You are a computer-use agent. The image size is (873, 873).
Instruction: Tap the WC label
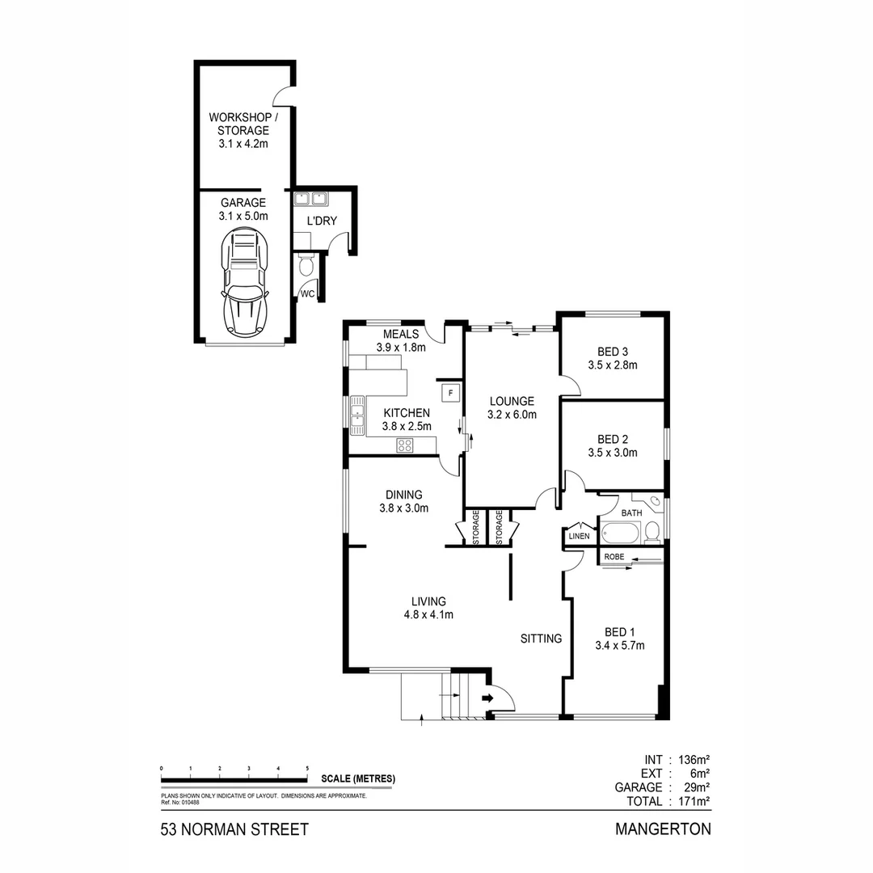(x=308, y=294)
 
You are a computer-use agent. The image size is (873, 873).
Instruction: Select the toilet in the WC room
(x=306, y=264)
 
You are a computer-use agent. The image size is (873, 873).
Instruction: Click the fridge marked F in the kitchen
(x=450, y=393)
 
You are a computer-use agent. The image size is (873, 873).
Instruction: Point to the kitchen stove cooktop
(x=405, y=445)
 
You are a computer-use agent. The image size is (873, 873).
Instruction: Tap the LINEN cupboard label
(x=580, y=536)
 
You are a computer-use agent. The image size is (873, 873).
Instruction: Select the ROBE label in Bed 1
(x=614, y=556)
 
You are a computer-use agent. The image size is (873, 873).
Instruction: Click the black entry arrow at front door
(x=489, y=697)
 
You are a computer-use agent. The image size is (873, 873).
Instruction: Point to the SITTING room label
(x=541, y=639)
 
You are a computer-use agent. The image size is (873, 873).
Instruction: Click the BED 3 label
(x=613, y=352)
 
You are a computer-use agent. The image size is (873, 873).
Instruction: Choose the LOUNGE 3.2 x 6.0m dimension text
(x=511, y=415)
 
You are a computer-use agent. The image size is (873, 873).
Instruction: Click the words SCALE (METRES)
(x=358, y=779)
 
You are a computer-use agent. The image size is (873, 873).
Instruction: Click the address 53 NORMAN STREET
(x=234, y=830)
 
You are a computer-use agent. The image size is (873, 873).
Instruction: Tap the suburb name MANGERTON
(x=662, y=829)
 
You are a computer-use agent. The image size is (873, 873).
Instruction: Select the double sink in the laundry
(x=310, y=198)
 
